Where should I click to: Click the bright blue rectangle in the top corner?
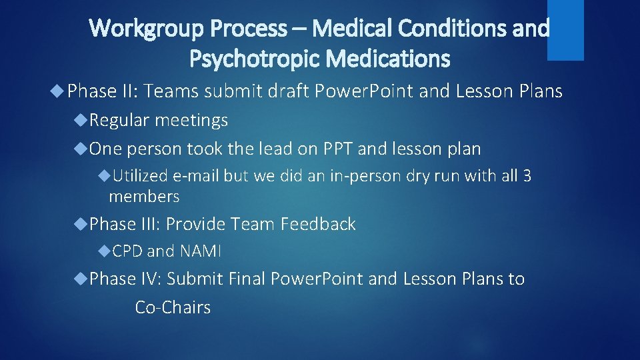tap(565, 29)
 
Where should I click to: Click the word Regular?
tap(120, 120)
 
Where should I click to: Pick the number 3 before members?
tap(527, 177)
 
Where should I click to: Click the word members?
tap(144, 197)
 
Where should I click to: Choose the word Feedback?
tap(318, 224)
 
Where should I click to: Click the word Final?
tap(246, 279)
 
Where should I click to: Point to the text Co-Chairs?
tap(173, 307)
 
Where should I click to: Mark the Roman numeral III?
tap(150, 224)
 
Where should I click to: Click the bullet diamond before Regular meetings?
tap(83, 120)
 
